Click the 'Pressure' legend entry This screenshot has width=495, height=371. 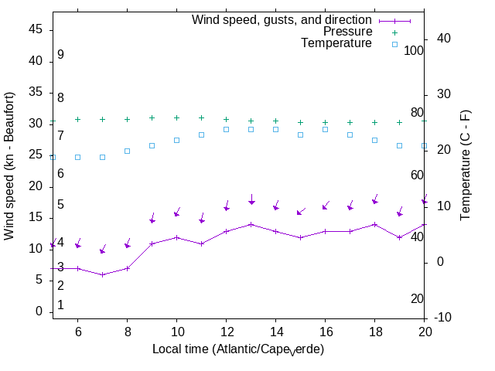pos(347,32)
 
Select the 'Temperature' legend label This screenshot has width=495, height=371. pos(336,43)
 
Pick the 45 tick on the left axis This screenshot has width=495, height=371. pos(36,29)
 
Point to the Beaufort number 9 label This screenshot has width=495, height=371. pos(60,55)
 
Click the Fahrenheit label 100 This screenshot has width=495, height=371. pos(414,50)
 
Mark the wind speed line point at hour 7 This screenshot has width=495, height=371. pos(102,274)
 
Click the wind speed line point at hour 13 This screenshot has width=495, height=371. pos(251,224)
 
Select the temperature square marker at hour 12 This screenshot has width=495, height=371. pos(226,129)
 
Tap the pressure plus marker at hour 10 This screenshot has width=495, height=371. pos(176,118)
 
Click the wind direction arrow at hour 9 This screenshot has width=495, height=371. pos(152,219)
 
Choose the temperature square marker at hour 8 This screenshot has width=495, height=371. pos(127,151)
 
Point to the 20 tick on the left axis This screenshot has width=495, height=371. pos(36,186)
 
